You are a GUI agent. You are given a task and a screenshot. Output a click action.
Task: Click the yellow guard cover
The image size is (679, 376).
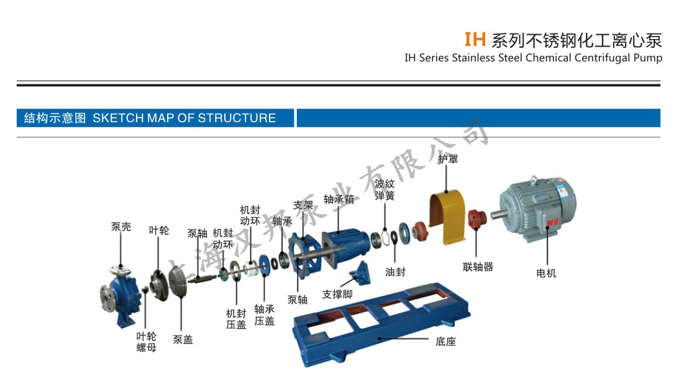pyautogui.click(x=447, y=218)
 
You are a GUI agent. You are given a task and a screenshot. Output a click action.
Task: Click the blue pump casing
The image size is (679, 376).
pyautogui.click(x=120, y=297)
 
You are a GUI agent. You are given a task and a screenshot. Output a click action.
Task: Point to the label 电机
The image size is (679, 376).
pyautogui.click(x=546, y=273)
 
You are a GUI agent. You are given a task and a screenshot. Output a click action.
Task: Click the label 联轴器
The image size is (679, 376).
pyautogui.click(x=478, y=267)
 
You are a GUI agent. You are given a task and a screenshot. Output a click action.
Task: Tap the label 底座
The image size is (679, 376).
pyautogui.click(x=445, y=341)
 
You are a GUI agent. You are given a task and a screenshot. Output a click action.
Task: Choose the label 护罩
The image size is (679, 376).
pyautogui.click(x=448, y=159)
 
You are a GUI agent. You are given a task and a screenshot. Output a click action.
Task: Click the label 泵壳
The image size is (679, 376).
pyautogui.click(x=121, y=226)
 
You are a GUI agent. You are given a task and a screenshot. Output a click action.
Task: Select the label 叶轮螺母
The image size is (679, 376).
pyautogui.click(x=147, y=342)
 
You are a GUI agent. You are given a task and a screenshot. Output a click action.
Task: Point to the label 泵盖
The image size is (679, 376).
pyautogui.click(x=183, y=339)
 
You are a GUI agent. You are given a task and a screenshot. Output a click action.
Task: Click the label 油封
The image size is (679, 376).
pyautogui.click(x=395, y=272)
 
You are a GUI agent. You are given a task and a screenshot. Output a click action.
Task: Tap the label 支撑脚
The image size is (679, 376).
pyautogui.click(x=337, y=294)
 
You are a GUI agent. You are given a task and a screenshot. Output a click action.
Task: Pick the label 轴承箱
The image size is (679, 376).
pyautogui.click(x=339, y=199)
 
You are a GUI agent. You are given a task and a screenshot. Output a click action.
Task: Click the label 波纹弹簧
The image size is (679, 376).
pyautogui.click(x=385, y=190)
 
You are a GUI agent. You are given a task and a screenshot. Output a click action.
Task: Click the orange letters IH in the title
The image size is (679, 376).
pyautogui.click(x=475, y=39)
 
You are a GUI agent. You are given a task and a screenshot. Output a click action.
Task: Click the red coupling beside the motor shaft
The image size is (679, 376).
pyautogui.click(x=477, y=219)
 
